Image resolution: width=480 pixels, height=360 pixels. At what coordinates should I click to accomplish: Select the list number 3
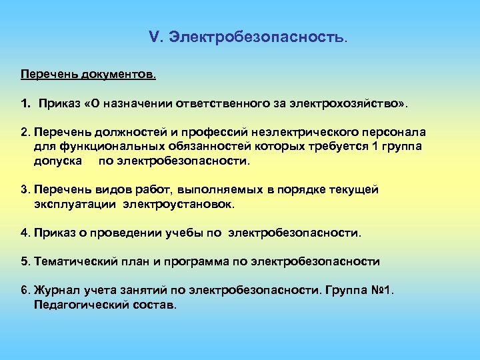(25, 190)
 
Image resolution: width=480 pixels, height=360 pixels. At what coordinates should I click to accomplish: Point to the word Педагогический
(82, 305)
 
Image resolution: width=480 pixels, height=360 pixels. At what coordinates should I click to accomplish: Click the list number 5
(25, 261)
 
